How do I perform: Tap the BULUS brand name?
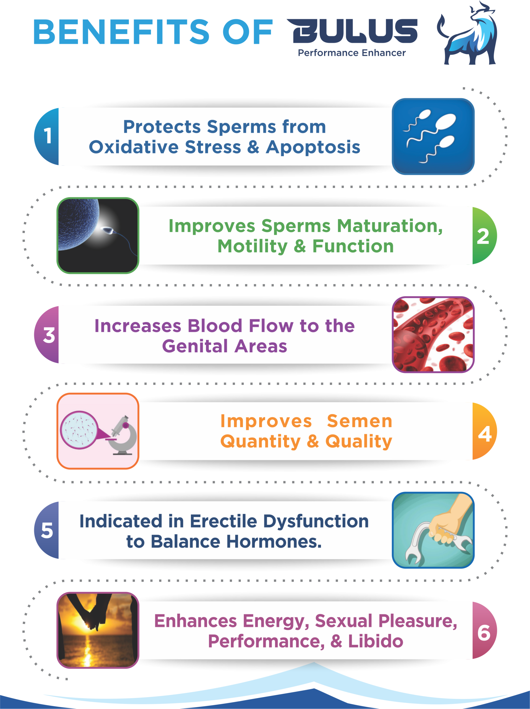pos(352,31)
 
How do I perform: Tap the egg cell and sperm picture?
pos(98,236)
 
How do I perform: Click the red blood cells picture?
pos(433,335)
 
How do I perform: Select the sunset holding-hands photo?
pos(98,630)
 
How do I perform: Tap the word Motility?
pos(253,247)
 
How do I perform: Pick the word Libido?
pos(376,641)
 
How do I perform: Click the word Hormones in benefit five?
pos(274,542)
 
